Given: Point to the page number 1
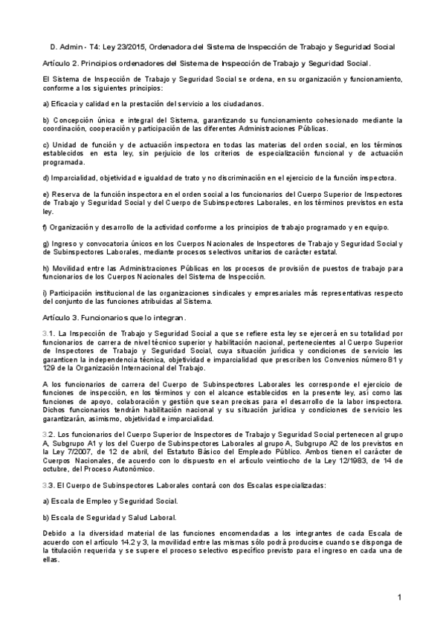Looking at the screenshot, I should click(399, 597).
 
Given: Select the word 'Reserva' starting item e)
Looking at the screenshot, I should click(61, 194).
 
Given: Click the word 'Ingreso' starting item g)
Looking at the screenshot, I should click(63, 243).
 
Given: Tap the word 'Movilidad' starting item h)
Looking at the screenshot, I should click(66, 267).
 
